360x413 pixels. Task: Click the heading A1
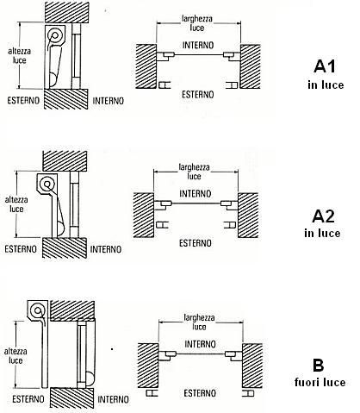325,66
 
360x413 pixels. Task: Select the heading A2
323,216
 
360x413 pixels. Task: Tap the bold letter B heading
318,366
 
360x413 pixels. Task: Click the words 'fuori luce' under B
320,382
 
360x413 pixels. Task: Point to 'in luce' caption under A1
326,84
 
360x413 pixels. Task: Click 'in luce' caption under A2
322,233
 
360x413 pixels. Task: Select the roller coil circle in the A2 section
47,184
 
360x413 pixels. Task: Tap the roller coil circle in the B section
37,310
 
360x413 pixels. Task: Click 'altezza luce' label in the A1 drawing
20,56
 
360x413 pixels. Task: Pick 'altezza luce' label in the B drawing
16,356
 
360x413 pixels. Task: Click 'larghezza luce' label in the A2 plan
195,172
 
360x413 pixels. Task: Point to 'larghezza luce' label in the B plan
199,322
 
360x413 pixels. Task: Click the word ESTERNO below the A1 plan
198,94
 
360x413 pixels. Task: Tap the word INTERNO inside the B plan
200,344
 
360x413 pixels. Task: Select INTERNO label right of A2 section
106,249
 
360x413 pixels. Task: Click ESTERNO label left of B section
28,399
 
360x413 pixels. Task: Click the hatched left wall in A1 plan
146,66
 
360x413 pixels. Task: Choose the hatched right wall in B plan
252,366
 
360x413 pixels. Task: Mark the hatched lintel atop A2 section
65,161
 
